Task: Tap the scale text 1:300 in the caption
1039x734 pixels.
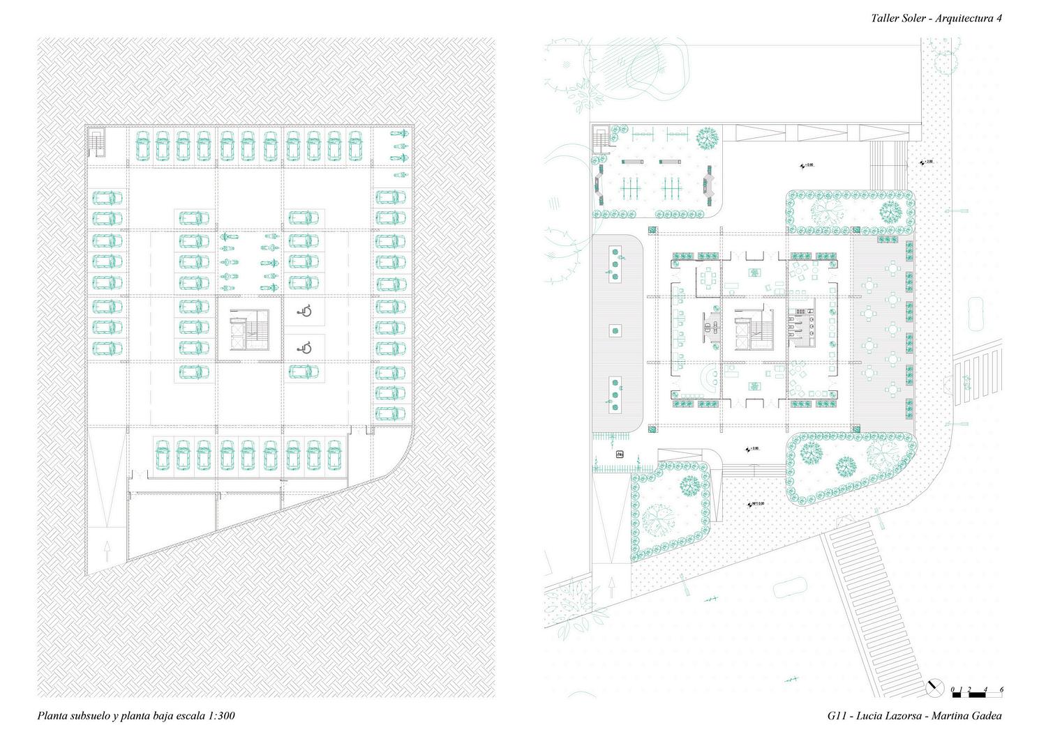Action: pos(221,716)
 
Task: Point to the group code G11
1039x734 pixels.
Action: pos(837,716)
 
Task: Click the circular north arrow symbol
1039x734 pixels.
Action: pos(935,687)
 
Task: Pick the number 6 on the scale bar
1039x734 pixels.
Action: pos(1001,690)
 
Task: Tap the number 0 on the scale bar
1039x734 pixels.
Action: pos(953,690)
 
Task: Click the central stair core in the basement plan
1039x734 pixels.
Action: pos(250,331)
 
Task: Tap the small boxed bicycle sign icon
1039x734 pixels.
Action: pos(620,454)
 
